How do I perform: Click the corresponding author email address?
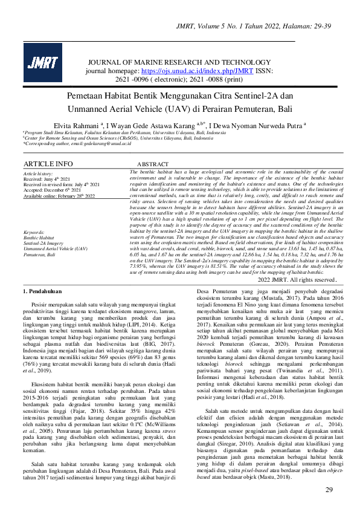(x=100, y=143)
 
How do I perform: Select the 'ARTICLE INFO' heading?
(x=48, y=164)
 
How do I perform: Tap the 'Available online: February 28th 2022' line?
(x=60, y=196)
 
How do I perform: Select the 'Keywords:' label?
(x=34, y=232)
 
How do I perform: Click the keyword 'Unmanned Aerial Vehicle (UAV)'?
(x=56, y=248)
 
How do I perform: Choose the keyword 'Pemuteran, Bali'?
(x=39, y=254)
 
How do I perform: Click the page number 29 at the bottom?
(x=329, y=490)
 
